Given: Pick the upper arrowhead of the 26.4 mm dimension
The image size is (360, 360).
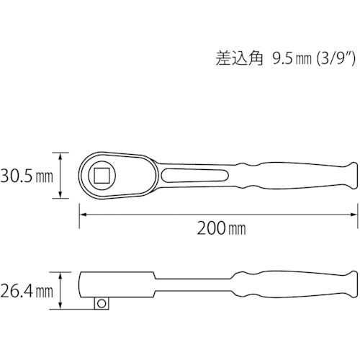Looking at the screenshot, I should point(60,274).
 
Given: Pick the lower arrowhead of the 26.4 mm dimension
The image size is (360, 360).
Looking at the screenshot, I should point(60,307).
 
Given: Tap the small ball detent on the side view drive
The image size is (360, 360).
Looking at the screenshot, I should point(101,304).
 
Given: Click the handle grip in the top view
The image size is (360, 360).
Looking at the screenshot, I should point(302,175).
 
